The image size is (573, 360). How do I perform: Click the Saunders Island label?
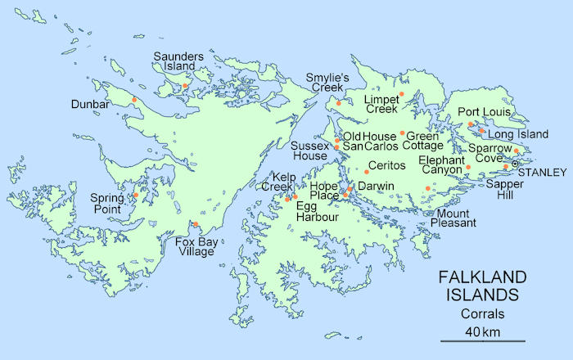(174, 61)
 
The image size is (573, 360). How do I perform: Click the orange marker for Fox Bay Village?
(195, 224)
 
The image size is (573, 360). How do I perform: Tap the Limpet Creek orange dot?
(402, 94)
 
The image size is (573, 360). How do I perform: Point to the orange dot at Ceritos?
(366, 171)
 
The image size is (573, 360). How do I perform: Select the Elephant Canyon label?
(440, 164)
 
